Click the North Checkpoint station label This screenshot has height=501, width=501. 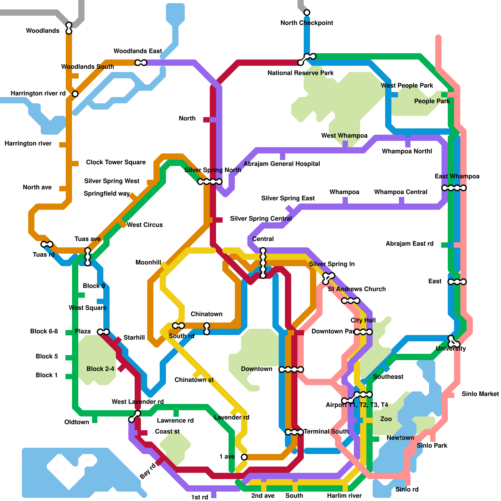tap(307, 23)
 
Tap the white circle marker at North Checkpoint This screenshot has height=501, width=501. tap(307, 13)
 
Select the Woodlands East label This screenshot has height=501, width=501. tap(137, 51)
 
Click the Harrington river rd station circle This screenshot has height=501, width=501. tap(75, 94)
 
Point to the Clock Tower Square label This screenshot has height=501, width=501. tap(116, 162)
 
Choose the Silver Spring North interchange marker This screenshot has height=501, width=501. tap(210, 182)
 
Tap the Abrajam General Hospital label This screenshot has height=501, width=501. tap(282, 164)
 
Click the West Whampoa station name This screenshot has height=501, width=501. tap(344, 136)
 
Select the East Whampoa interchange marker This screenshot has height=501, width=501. tap(454, 188)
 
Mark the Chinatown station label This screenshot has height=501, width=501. tap(206, 314)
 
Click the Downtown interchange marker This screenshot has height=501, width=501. tap(291, 369)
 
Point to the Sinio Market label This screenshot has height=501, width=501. tap(480, 394)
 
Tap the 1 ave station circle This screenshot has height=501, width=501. tap(244, 457)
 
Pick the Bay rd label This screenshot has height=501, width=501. tap(147, 471)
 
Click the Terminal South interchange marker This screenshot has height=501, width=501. tap(294, 432)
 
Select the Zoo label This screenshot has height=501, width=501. tap(386, 419)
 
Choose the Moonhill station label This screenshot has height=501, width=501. tap(148, 262)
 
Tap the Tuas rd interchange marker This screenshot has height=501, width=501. tap(47, 244)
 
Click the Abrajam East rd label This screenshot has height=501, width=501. tap(409, 244)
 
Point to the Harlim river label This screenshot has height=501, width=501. tap(344, 496)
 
